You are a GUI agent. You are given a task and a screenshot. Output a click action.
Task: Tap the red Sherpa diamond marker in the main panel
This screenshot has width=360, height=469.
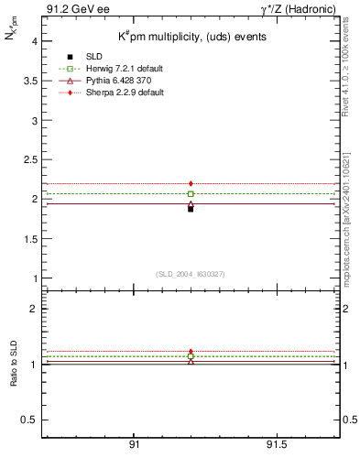(191, 184)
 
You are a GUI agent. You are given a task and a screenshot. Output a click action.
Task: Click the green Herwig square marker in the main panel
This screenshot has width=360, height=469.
(191, 194)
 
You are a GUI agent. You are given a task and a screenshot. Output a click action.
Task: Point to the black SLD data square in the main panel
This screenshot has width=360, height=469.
(191, 209)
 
